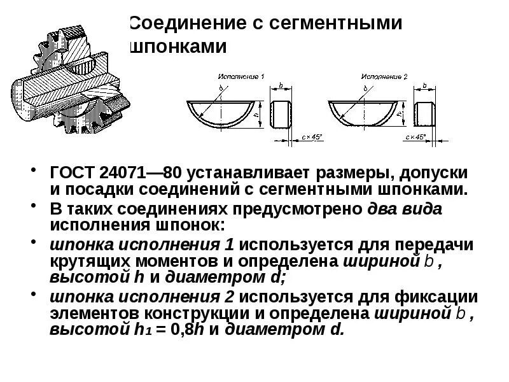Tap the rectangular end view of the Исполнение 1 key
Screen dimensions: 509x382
point(282,113)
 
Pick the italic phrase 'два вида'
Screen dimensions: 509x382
point(405,209)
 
